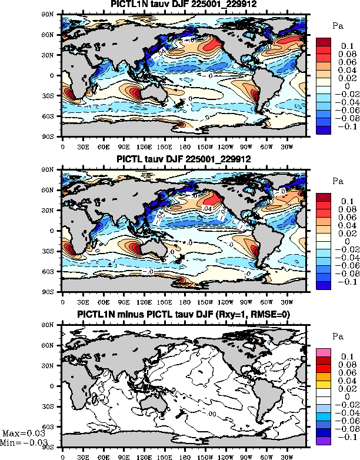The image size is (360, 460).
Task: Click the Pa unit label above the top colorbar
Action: click(338, 26)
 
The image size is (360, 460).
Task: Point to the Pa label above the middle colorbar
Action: click(338, 181)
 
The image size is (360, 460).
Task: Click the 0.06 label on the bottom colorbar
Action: click(346, 373)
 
